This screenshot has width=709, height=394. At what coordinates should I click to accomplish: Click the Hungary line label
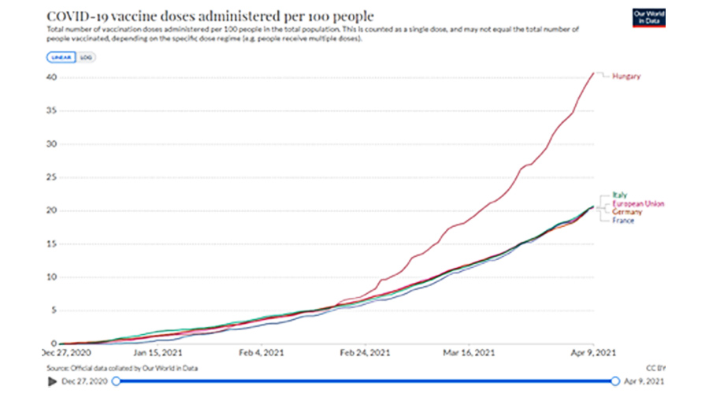click(x=627, y=76)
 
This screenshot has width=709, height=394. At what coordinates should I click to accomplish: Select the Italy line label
click(x=619, y=195)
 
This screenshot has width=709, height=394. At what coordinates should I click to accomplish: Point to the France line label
click(x=623, y=221)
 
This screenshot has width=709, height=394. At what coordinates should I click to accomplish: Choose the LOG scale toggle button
click(x=86, y=58)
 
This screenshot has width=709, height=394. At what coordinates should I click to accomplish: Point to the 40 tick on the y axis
click(x=51, y=77)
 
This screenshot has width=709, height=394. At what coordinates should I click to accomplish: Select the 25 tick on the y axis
click(x=51, y=177)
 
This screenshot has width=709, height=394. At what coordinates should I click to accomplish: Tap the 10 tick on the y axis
click(x=51, y=277)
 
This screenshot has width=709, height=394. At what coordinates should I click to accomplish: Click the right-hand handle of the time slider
click(x=615, y=381)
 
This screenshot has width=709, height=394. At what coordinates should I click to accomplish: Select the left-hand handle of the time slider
click(x=117, y=381)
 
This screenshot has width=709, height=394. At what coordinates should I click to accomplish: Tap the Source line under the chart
click(x=123, y=368)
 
